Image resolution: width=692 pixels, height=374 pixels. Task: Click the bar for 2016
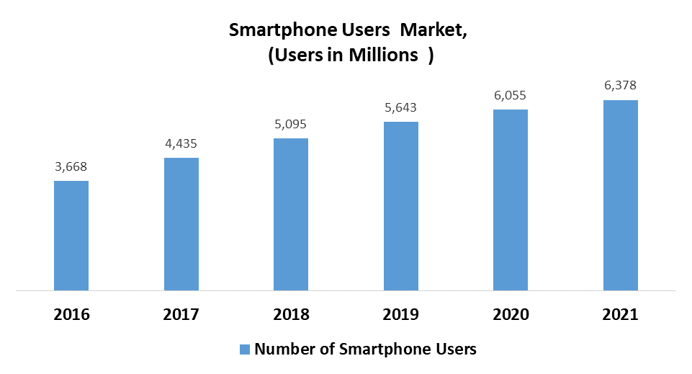[x=71, y=236]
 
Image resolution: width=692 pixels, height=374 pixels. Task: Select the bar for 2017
[x=181, y=225]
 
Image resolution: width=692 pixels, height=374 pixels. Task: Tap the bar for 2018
[x=291, y=215]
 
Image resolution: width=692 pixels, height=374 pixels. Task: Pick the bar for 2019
[x=401, y=207]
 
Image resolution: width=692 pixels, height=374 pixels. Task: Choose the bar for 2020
[x=511, y=200]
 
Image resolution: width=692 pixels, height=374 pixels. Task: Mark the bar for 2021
[x=621, y=196]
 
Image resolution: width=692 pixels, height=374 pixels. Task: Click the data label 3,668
[x=71, y=166]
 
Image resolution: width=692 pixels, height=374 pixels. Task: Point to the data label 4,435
[x=181, y=143]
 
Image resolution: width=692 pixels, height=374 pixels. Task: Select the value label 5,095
[x=291, y=124]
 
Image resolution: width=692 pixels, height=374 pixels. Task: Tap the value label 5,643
[x=401, y=107]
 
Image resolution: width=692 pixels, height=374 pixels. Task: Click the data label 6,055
[x=511, y=95]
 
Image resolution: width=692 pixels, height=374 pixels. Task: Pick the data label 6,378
[x=621, y=86]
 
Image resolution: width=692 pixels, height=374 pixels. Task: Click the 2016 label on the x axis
[x=71, y=315]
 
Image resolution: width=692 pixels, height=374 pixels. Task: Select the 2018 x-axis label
[x=291, y=315]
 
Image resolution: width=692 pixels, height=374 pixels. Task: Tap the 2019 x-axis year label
[x=401, y=315]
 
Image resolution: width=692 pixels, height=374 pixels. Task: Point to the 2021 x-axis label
[x=621, y=315]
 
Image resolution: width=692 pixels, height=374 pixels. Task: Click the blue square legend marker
[x=245, y=349]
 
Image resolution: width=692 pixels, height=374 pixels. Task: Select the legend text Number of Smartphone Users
[x=366, y=349]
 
